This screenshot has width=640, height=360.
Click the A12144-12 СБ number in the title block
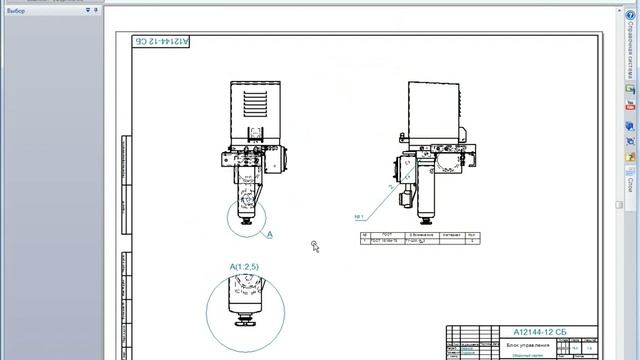click(x=540, y=331)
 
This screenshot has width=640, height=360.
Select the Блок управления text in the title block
click(x=529, y=343)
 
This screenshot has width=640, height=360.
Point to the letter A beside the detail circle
click(x=269, y=235)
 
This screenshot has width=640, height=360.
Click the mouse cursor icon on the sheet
click(x=315, y=246)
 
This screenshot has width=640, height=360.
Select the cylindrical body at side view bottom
click(x=429, y=204)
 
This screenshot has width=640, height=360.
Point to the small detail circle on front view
click(x=244, y=216)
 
